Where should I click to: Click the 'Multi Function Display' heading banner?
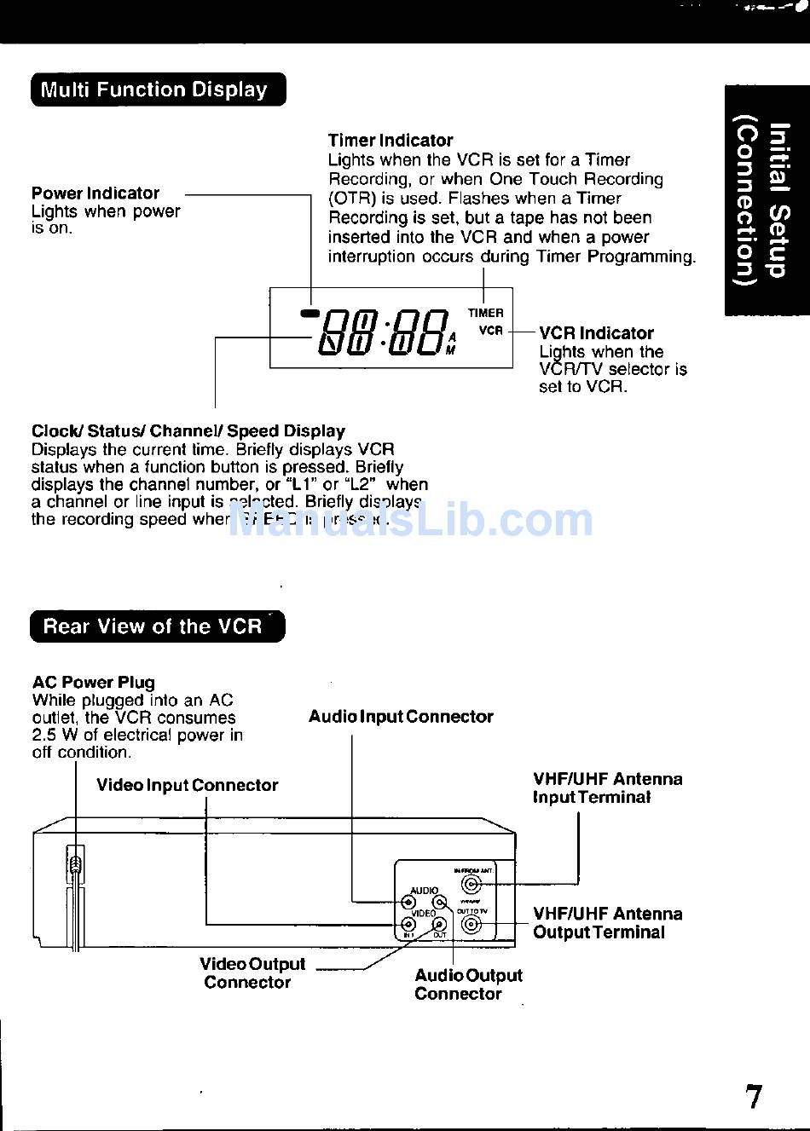[x=158, y=89]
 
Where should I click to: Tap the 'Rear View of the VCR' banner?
[x=157, y=626]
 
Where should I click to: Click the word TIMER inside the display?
[x=485, y=313]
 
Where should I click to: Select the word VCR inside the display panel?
[x=490, y=331]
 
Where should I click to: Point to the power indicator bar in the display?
[x=309, y=313]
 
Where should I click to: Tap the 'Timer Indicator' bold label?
[x=391, y=141]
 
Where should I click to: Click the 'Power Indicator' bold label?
[x=95, y=193]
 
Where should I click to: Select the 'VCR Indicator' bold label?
[x=596, y=333]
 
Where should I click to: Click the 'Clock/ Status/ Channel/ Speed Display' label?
[x=188, y=431]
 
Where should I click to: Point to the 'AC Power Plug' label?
[x=94, y=682]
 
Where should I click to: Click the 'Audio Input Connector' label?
[x=401, y=717]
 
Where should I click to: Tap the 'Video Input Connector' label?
[x=187, y=785]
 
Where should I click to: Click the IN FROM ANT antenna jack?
[x=470, y=884]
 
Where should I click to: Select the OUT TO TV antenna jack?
[x=472, y=924]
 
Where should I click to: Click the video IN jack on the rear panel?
[x=408, y=923]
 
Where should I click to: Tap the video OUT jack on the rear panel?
[x=440, y=924]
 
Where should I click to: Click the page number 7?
[x=754, y=1097]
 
